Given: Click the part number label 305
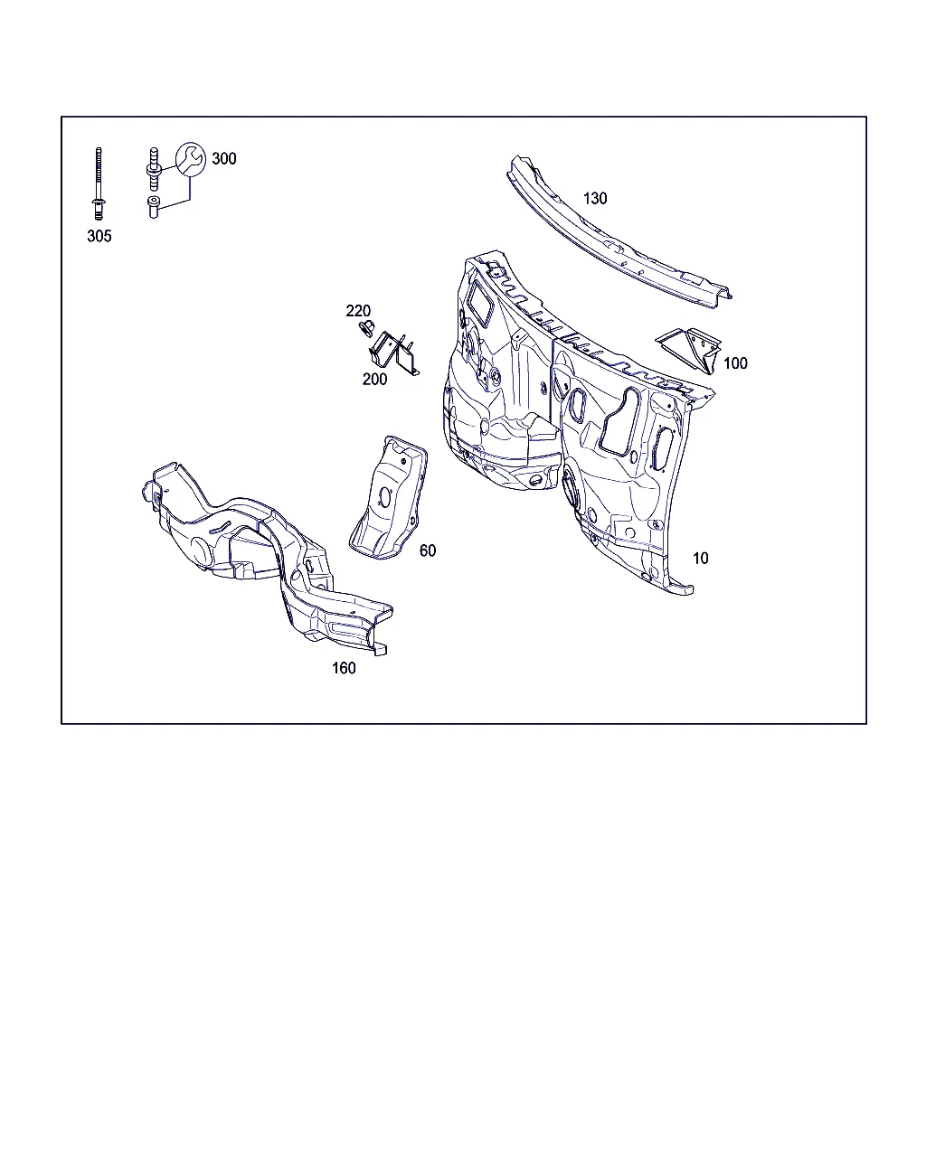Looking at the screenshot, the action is pyautogui.click(x=99, y=236).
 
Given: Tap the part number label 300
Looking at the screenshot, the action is pyautogui.click(x=224, y=158).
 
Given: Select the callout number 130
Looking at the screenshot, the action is pyautogui.click(x=595, y=198).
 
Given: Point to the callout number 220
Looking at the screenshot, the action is pyautogui.click(x=358, y=311).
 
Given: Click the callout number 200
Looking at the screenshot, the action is pyautogui.click(x=374, y=379).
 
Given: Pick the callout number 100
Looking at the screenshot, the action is pyautogui.click(x=735, y=363).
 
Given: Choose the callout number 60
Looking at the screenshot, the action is pyautogui.click(x=428, y=550).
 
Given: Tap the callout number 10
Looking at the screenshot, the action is pyautogui.click(x=701, y=558).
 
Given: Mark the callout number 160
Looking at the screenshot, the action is pyautogui.click(x=344, y=668).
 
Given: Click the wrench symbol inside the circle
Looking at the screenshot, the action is pyautogui.click(x=191, y=159).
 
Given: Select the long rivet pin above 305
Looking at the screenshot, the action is pyautogui.click(x=99, y=183).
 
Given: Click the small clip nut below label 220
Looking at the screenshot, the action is pyautogui.click(x=367, y=328).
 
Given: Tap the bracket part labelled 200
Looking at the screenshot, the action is pyautogui.click(x=394, y=353).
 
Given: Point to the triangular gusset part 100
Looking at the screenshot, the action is pyautogui.click(x=689, y=350).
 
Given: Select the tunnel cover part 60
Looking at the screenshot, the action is pyautogui.click(x=389, y=498).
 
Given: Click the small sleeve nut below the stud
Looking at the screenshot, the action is pyautogui.click(x=154, y=207).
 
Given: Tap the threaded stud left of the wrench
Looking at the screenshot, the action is pyautogui.click(x=154, y=169).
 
